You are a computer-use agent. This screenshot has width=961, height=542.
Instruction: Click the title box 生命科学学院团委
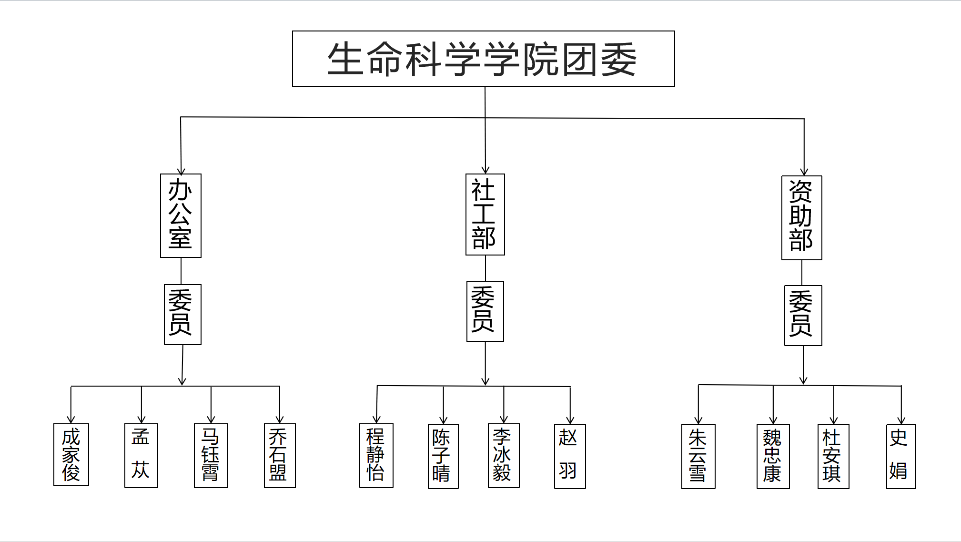pos(483,59)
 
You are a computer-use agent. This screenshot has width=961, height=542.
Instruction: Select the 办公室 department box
pos(181,215)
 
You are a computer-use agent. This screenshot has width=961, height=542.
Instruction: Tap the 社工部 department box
pos(485,215)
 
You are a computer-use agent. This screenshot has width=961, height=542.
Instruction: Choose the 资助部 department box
pos(801,218)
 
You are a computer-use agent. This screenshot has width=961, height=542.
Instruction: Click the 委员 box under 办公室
pos(182,314)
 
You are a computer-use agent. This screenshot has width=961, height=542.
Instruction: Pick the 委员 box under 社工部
pos(485,311)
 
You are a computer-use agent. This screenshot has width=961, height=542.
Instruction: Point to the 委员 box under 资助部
pos(803,316)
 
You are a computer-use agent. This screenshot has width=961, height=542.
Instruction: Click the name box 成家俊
pos(71,455)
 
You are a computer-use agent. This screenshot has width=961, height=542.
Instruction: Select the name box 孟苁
pos(141,455)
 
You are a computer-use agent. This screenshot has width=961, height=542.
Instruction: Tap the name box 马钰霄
pos(211,455)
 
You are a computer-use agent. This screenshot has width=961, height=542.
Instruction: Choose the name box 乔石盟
pos(280,455)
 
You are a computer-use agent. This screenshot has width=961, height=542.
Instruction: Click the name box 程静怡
pos(376,455)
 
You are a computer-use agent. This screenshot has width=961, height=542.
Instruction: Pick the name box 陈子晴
pos(443,456)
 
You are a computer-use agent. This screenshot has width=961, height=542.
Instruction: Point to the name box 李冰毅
pos(504,455)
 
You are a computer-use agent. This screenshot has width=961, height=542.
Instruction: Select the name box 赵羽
pos(570,456)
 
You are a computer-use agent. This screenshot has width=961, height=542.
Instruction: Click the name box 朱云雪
pos(698,456)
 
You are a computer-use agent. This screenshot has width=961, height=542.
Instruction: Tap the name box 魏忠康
pos(773,456)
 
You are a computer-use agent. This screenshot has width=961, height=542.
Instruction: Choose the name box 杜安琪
pos(833,456)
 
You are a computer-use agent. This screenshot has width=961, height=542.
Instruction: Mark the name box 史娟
pos(900,456)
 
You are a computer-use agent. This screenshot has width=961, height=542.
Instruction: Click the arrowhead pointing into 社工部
pos(486,170)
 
